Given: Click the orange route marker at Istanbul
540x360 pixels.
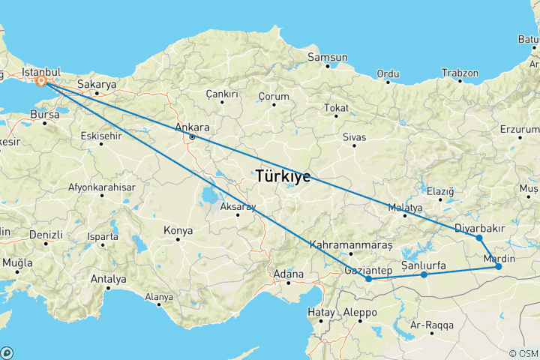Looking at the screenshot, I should click(x=42, y=81).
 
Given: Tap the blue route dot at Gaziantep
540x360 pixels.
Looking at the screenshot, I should click(x=369, y=280).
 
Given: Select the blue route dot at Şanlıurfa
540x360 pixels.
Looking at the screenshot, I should click(x=424, y=274).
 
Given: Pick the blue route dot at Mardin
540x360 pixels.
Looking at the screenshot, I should click(x=498, y=266).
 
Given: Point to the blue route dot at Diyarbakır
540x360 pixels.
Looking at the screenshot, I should click(x=478, y=238).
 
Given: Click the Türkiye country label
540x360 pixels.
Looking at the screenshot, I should click(x=283, y=178).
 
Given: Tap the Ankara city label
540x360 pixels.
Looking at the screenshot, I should click(x=190, y=127).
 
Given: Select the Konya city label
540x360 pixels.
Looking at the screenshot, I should click(x=178, y=230).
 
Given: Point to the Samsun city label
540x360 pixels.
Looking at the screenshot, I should click(x=331, y=57).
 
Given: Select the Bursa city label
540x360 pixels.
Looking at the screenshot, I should click(x=44, y=114).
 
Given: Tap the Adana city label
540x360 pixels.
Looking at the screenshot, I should click(x=289, y=274).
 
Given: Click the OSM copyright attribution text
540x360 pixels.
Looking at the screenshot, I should click(x=523, y=352).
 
